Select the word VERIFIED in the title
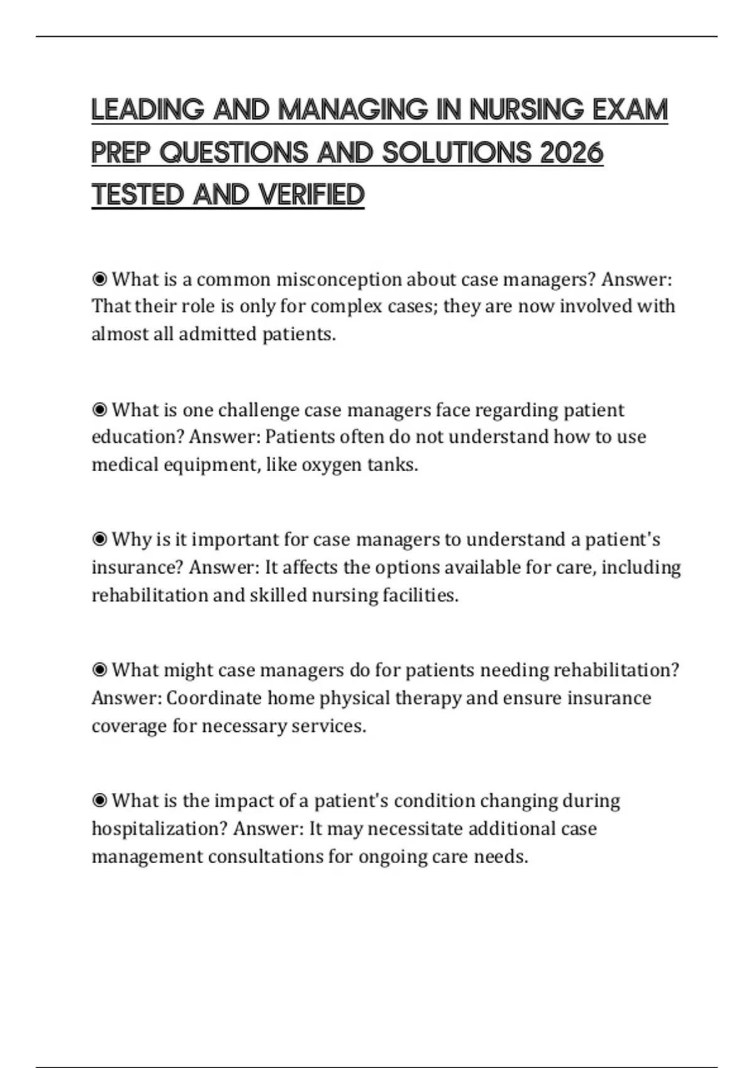311,195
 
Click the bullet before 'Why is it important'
99,539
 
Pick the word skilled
278,595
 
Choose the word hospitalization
159,829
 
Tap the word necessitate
415,829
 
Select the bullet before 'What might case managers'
99,670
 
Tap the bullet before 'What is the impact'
99,800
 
